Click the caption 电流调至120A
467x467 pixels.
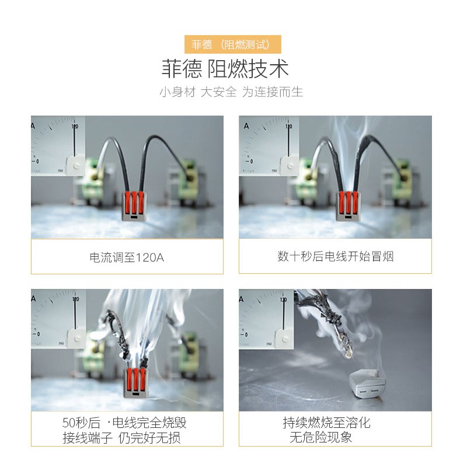(x=127, y=257)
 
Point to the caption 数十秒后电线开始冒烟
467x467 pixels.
(x=335, y=256)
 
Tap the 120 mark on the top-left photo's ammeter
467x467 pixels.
(x=75, y=126)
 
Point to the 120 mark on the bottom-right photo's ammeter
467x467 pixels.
(x=283, y=299)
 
